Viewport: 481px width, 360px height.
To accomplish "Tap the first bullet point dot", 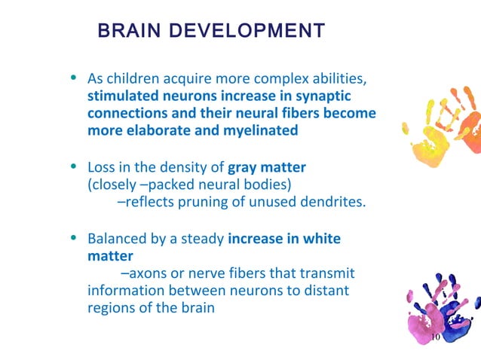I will [x=73, y=78].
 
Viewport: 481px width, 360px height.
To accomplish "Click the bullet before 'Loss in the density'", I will [x=73, y=166].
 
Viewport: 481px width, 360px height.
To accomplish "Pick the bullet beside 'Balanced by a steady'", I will [x=73, y=238].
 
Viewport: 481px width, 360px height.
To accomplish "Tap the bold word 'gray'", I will [x=244, y=166].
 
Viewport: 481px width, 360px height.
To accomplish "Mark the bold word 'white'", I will [x=322, y=239].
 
